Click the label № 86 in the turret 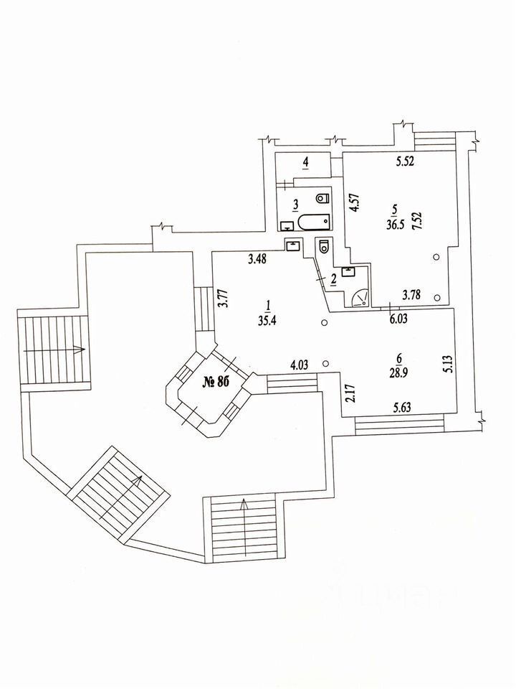tap(215, 382)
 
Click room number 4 tap(306, 163)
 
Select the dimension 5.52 tap(407, 162)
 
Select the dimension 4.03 tap(301, 366)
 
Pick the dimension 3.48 tap(259, 259)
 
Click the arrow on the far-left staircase tap(56, 350)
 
